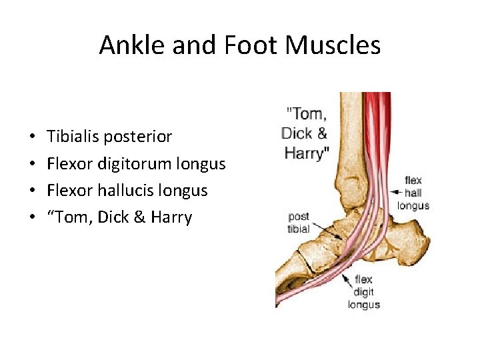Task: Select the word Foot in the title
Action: pos(246,45)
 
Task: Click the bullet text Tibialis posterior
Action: pos(109,137)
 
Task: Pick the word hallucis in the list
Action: pos(137,190)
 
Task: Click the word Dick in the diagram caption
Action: pos(296,133)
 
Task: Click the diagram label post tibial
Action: pos(298,223)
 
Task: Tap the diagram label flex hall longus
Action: pos(413,193)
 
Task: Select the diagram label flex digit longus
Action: pos(363,292)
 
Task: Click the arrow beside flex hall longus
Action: pos(393,193)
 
